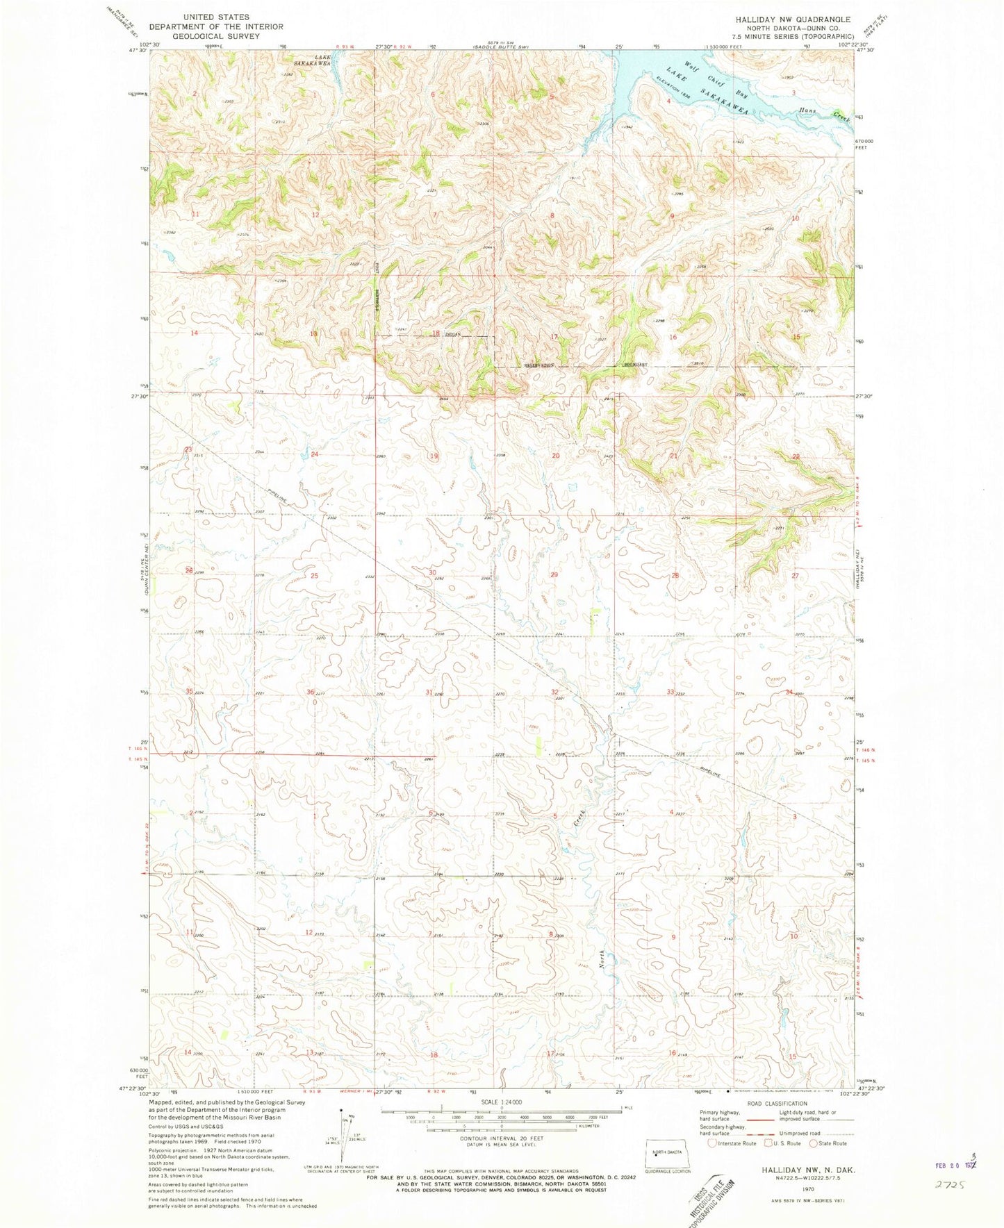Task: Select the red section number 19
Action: point(434,456)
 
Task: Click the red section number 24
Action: point(315,454)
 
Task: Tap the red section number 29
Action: point(554,575)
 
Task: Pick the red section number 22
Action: point(796,456)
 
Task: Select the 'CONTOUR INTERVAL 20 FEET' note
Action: point(501,1138)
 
